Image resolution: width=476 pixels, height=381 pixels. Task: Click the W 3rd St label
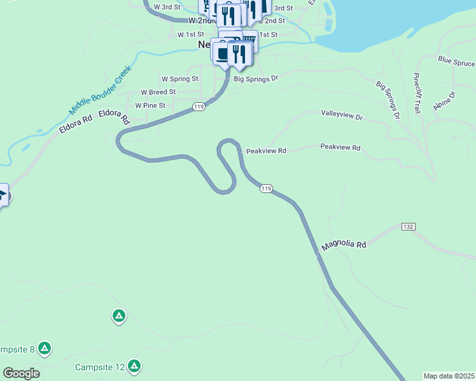(167, 7)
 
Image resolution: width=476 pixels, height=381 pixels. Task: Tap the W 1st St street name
(190, 34)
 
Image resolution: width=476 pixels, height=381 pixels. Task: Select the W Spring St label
(180, 79)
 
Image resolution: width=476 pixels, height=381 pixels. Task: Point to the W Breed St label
(158, 92)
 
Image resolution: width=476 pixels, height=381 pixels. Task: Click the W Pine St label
(150, 105)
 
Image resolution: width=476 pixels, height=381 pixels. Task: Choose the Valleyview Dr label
(341, 117)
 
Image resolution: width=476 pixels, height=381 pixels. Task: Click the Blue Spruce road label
(456, 62)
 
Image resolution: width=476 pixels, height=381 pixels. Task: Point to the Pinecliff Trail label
(417, 93)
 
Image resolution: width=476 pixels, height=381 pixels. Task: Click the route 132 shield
(408, 227)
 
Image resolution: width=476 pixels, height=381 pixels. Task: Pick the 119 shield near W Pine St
(199, 107)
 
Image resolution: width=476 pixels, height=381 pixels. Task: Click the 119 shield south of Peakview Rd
(266, 189)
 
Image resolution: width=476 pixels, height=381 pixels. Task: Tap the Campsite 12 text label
(99, 367)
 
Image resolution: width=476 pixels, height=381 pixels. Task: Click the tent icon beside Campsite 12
(134, 366)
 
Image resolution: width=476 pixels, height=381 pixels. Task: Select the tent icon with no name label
(118, 316)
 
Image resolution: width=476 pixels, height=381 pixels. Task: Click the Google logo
(21, 373)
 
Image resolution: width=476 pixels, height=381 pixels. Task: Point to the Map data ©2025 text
(449, 376)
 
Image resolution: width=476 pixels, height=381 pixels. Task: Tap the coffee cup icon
(222, 53)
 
